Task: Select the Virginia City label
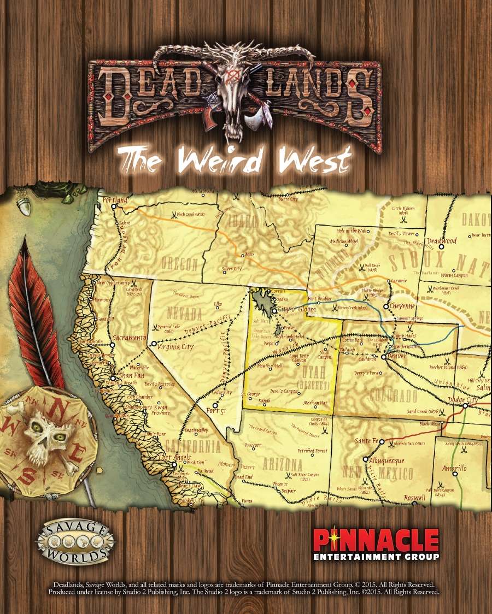coord(175,346)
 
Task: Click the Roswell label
coord(414,498)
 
